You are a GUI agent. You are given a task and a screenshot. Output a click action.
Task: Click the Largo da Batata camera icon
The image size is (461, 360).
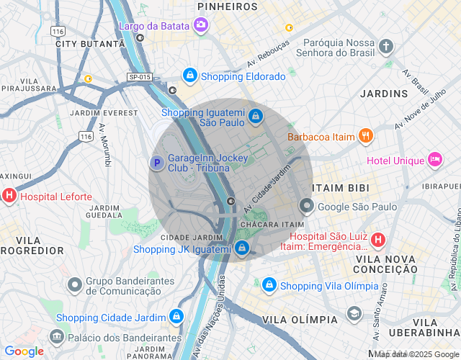point(201,26)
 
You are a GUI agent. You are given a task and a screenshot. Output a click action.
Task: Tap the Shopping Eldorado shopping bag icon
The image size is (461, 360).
point(189,75)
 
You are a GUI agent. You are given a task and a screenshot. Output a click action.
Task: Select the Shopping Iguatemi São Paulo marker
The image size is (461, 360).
point(255,115)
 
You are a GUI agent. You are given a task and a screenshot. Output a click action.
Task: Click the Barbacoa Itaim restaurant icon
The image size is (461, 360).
point(366,135)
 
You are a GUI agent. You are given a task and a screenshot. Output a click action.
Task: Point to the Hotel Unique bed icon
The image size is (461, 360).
point(434,159)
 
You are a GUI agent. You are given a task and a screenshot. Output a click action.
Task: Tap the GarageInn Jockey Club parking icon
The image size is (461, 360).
point(156,163)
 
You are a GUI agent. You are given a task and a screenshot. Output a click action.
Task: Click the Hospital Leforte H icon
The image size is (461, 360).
point(9,195)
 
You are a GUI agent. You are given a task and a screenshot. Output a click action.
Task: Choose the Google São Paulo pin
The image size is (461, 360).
point(307,207)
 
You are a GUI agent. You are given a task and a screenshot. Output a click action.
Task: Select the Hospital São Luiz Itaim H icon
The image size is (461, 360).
point(378,240)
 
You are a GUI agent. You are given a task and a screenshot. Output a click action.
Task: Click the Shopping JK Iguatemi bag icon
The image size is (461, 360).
point(241,248)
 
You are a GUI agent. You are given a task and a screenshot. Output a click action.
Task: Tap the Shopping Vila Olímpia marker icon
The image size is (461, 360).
point(269,285)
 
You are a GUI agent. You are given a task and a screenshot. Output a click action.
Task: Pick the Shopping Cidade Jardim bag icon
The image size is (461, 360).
point(176,316)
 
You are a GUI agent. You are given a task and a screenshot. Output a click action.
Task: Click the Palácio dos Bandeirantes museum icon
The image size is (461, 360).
point(56,336)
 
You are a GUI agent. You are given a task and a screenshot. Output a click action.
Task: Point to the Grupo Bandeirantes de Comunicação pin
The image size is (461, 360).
point(75,285)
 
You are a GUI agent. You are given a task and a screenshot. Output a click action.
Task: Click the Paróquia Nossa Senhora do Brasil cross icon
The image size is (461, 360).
point(386,48)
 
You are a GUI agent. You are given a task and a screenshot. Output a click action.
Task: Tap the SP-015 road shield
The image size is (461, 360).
point(140,77)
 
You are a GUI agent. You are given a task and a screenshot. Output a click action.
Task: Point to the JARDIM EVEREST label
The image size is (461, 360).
point(104,113)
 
